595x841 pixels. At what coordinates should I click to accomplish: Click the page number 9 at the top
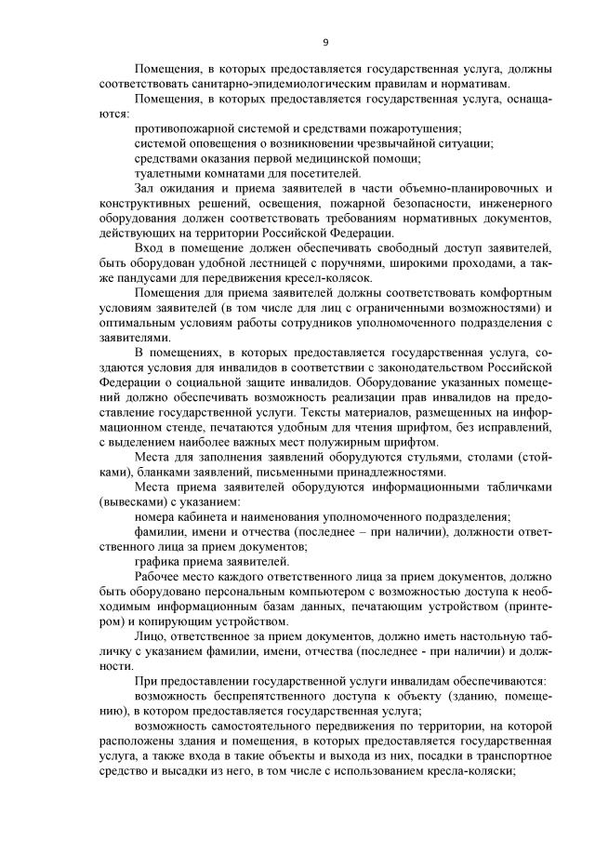tap(325, 42)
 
